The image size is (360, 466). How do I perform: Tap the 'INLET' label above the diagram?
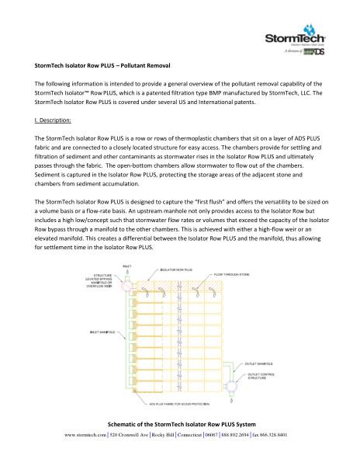(128, 266)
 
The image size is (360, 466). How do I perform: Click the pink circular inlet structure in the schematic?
(129, 285)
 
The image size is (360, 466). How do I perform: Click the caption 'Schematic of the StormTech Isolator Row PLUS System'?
(180, 447)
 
